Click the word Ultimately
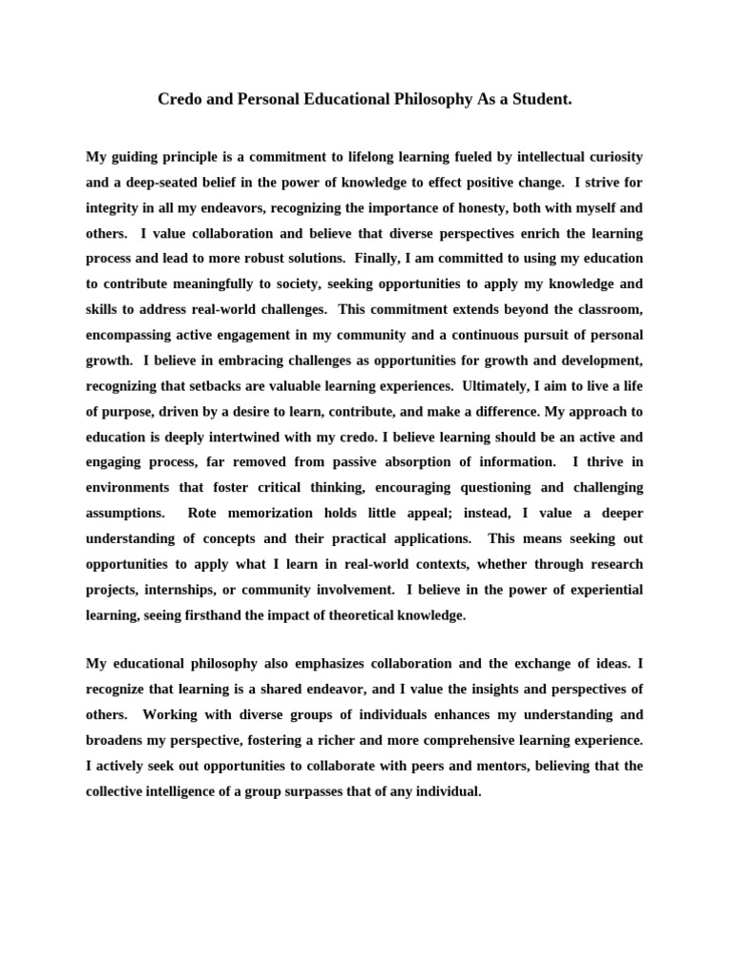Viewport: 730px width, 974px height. point(468,386)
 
